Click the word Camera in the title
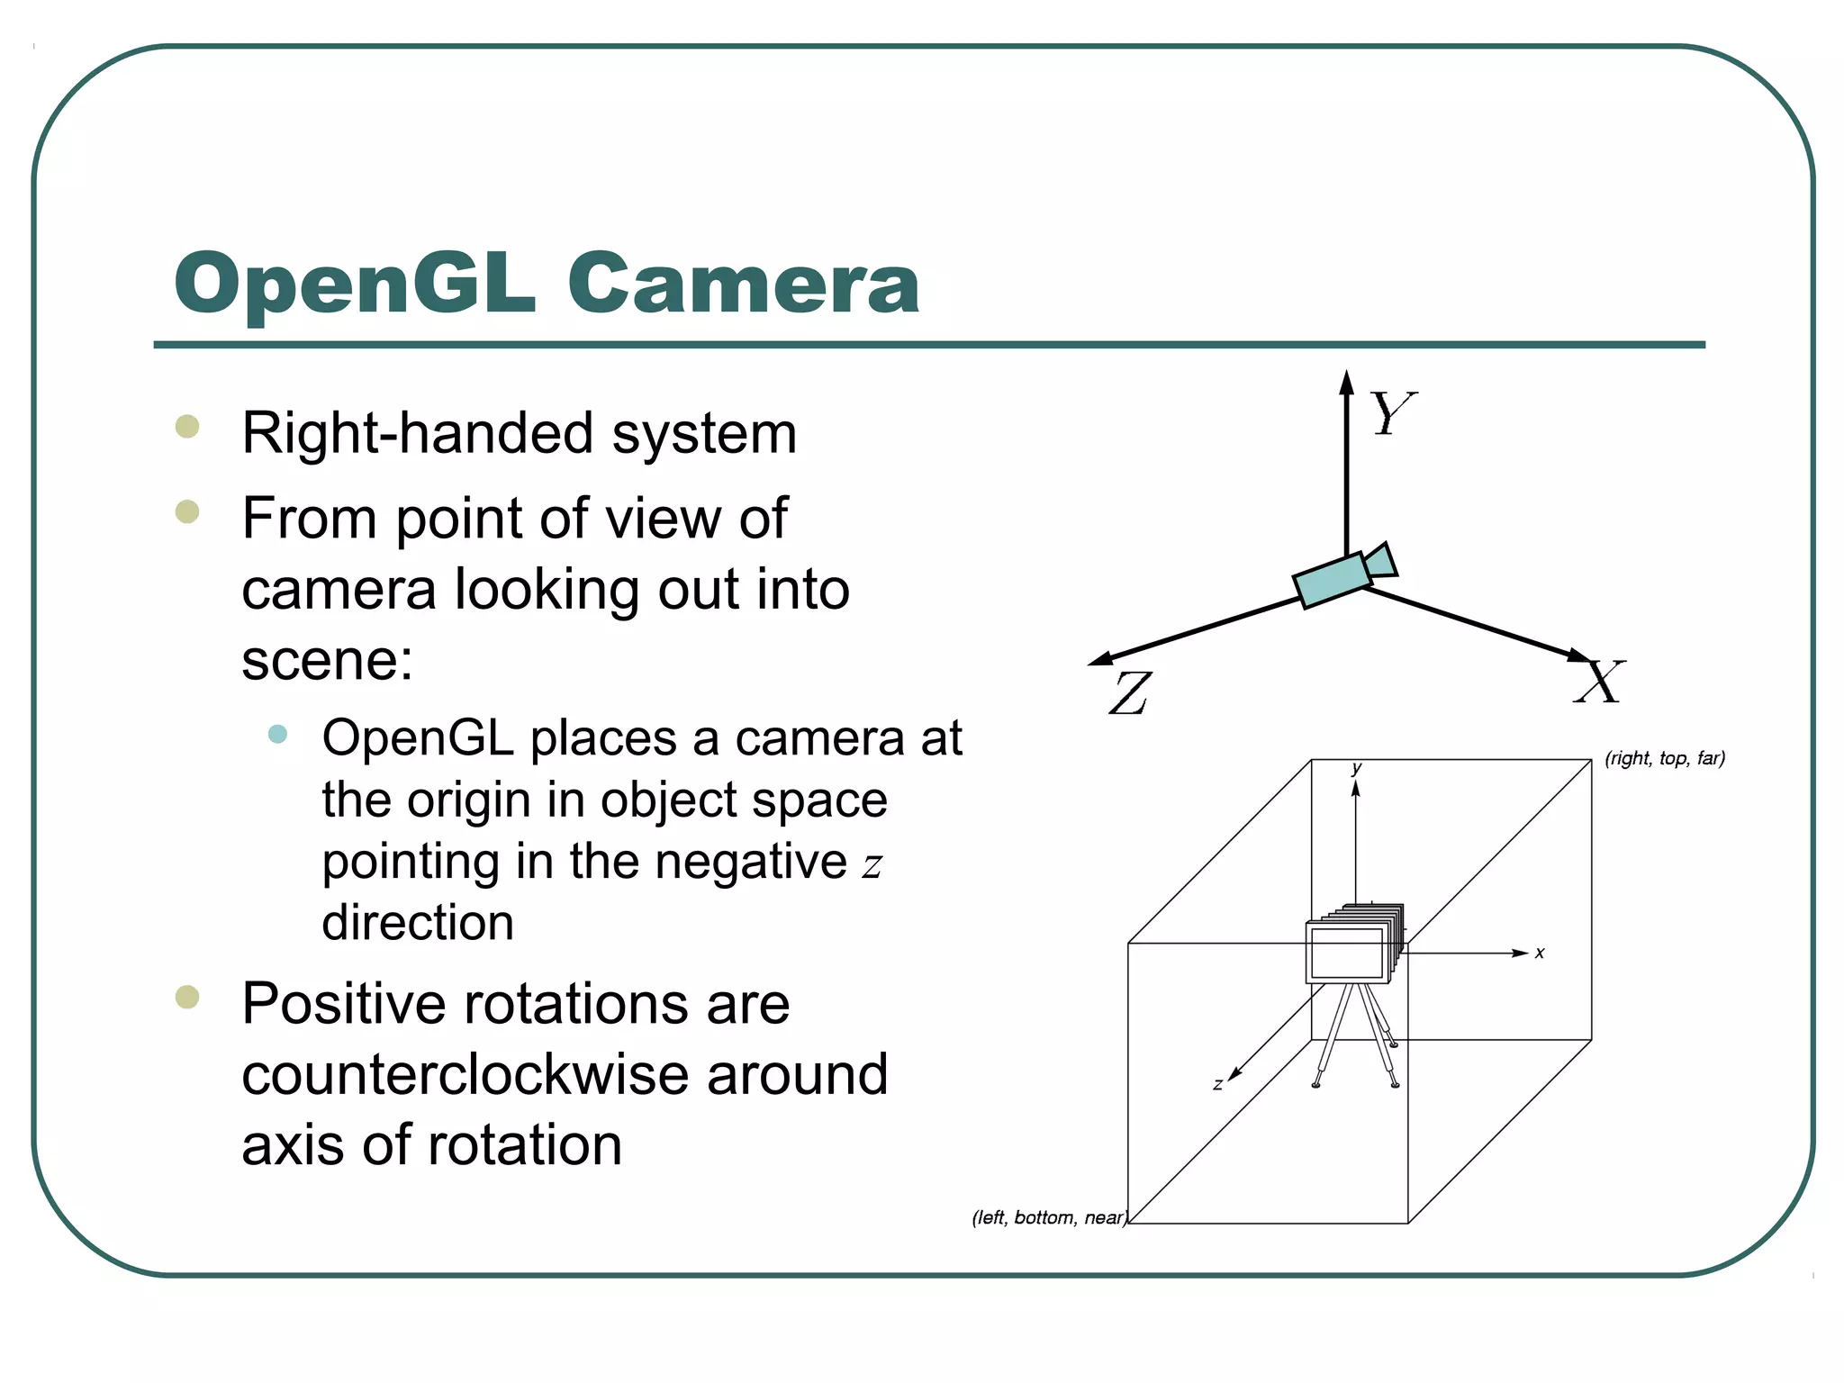click(744, 284)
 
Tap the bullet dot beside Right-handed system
click(187, 426)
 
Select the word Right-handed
click(419, 433)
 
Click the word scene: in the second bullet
click(328, 661)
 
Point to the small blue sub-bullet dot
click(277, 734)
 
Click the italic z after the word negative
click(872, 865)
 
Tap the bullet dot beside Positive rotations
click(187, 997)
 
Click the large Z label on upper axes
click(1130, 692)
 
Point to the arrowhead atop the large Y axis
click(1346, 382)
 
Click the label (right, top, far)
click(1665, 758)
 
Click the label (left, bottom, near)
click(1049, 1217)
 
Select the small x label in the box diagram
click(1540, 953)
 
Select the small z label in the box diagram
click(1217, 1085)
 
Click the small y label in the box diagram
click(1356, 769)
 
